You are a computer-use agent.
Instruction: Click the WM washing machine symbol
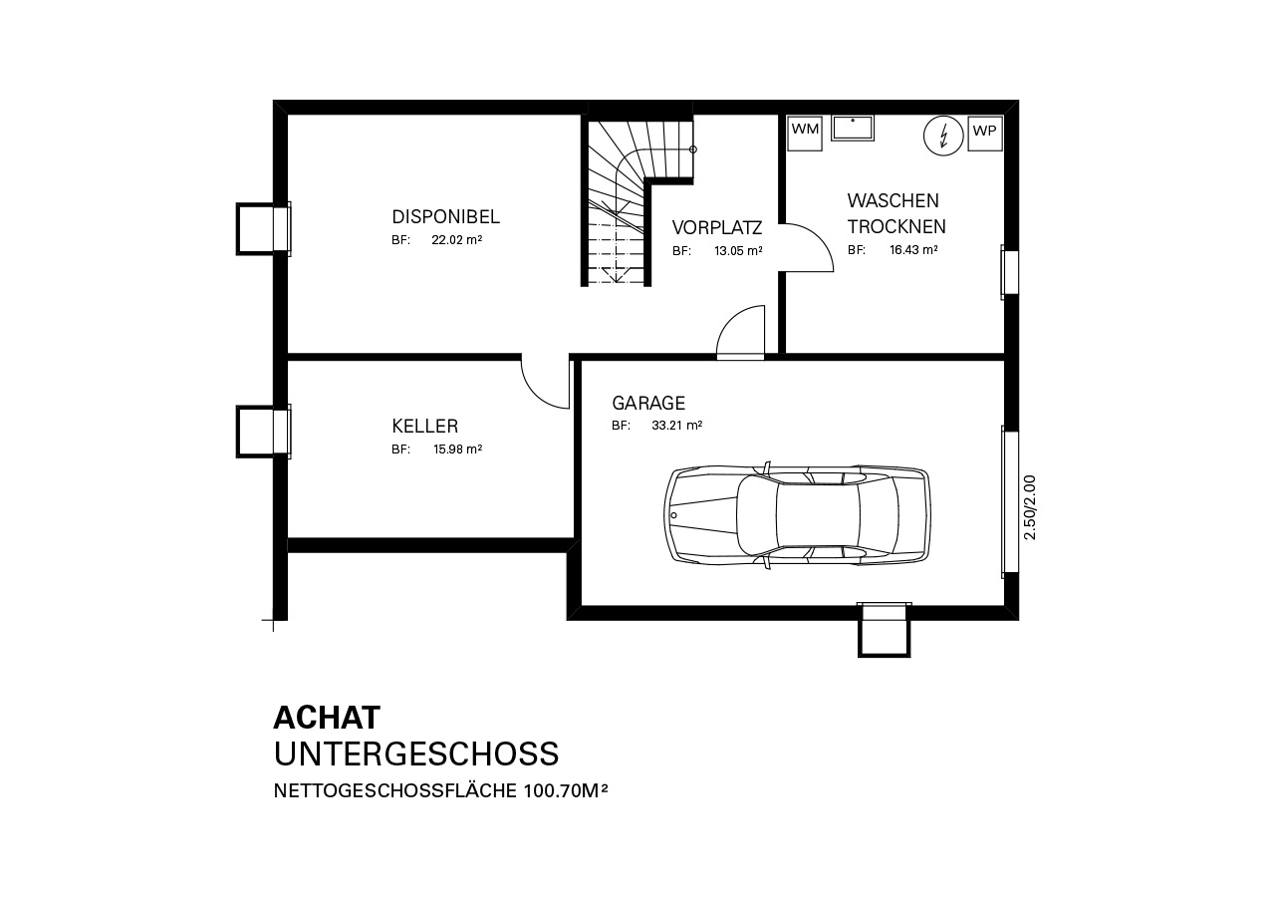click(x=805, y=134)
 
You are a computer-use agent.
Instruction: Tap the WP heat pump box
click(x=985, y=134)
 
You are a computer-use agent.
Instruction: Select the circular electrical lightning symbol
click(x=943, y=136)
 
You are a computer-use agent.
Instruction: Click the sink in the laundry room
click(x=853, y=129)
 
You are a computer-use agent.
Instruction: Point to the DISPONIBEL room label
click(x=445, y=217)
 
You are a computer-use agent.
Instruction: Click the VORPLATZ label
click(x=716, y=227)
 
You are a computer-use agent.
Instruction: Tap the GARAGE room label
click(x=648, y=403)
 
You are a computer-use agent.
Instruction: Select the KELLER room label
click(x=424, y=426)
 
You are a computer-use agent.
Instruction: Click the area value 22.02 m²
click(x=456, y=239)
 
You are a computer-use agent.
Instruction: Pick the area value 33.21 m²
click(x=676, y=426)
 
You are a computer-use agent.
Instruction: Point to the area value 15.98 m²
click(x=457, y=450)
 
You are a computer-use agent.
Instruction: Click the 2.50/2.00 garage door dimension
click(x=1030, y=507)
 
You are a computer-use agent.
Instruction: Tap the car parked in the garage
click(x=797, y=514)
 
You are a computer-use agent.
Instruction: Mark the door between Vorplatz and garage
click(x=740, y=333)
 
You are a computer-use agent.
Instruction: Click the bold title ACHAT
click(x=327, y=718)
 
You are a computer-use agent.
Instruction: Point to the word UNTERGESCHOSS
click(x=416, y=753)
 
